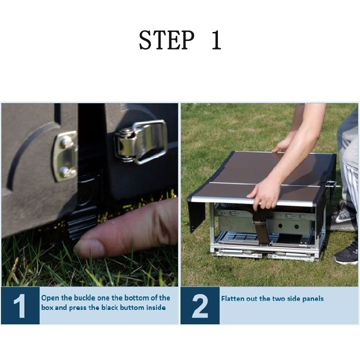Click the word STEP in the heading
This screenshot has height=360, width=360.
pyautogui.click(x=166, y=40)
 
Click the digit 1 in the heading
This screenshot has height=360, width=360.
pyautogui.click(x=216, y=40)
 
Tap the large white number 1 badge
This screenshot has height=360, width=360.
pyautogui.click(x=20, y=306)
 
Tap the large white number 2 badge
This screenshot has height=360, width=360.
pyautogui.click(x=200, y=306)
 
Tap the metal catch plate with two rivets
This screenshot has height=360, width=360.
pyautogui.click(x=65, y=156)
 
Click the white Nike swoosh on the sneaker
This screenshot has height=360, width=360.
pyautogui.click(x=342, y=219)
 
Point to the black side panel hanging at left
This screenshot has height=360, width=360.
pyautogui.click(x=196, y=213)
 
